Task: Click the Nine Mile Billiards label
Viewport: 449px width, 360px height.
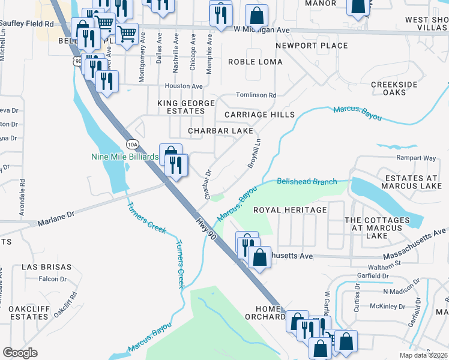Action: click(124, 157)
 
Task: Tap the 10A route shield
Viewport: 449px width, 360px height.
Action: click(133, 144)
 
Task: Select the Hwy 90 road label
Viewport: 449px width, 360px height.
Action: click(205, 229)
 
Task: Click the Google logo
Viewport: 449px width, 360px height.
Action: click(20, 352)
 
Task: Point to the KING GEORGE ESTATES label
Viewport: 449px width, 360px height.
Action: click(186, 107)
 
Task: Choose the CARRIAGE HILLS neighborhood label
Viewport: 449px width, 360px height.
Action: click(259, 115)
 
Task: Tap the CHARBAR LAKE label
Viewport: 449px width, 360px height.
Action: click(220, 130)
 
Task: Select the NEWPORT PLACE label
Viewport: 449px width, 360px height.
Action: click(312, 46)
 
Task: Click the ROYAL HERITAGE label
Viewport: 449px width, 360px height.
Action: click(290, 210)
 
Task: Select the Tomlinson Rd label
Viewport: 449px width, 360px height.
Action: click(256, 95)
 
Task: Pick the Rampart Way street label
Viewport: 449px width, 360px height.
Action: click(415, 158)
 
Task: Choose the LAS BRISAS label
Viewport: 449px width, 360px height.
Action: click(46, 266)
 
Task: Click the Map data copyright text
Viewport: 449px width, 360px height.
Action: click(424, 355)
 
